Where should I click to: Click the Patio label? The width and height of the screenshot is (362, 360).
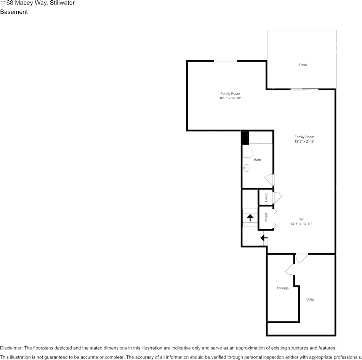tap(303, 65)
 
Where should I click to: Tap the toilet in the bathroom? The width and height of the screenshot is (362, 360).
tap(247, 154)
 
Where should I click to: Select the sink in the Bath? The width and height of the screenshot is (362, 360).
tap(246, 168)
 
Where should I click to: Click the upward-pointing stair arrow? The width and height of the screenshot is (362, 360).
tap(250, 218)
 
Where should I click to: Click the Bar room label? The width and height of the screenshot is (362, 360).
tap(301, 219)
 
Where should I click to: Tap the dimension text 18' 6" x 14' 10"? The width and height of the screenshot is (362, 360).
tap(230, 98)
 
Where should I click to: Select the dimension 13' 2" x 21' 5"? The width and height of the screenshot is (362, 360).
tap(304, 141)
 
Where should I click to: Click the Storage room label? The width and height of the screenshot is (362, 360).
tap(283, 288)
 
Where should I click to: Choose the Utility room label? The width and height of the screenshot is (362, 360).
tap(310, 299)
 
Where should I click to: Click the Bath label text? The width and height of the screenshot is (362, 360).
tap(258, 159)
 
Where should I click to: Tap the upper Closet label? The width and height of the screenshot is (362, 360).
tap(266, 197)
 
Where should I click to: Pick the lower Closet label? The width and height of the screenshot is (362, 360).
tap(266, 217)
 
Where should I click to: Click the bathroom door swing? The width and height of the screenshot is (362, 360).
tap(269, 180)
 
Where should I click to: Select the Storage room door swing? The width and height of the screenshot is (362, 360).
tap(290, 269)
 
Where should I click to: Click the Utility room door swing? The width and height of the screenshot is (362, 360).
tap(301, 258)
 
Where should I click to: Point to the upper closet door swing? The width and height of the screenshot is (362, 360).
tap(277, 198)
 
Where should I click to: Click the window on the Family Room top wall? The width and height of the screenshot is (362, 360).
tap(225, 61)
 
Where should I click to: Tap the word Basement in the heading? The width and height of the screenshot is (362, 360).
tap(14, 12)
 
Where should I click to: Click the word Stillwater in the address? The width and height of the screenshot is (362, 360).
tap(62, 3)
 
